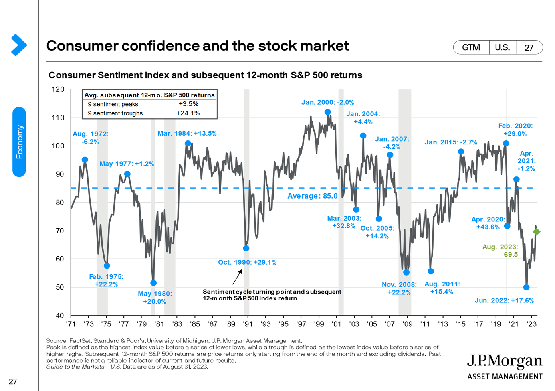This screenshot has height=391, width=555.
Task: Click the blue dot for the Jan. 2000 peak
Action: (328, 112)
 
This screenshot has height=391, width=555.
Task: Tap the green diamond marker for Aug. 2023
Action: (537, 232)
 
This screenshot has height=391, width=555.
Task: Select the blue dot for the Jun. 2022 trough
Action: (526, 287)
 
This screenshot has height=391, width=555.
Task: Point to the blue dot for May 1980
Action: (153, 283)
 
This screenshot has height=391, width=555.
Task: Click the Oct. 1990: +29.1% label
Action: (247, 262)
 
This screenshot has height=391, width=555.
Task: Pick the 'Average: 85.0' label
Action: (313, 196)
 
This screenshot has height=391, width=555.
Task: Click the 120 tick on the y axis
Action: (58, 89)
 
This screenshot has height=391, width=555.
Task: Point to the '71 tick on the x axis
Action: (71, 324)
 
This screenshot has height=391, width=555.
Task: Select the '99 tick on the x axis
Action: (319, 324)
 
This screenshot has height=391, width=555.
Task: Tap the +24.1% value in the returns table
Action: (188, 113)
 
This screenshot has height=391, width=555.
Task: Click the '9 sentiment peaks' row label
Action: (113, 104)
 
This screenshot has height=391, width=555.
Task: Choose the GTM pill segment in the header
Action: (471, 47)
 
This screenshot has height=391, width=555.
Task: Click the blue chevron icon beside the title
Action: (18, 45)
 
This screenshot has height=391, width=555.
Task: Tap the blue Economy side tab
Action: (19, 142)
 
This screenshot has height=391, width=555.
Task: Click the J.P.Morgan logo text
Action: (505, 361)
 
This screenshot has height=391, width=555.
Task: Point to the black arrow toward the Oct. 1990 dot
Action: (237, 277)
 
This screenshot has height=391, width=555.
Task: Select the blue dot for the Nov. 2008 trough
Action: (406, 272)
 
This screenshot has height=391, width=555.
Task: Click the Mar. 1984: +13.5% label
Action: (187, 134)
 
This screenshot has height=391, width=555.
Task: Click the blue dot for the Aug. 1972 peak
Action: (85, 160)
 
